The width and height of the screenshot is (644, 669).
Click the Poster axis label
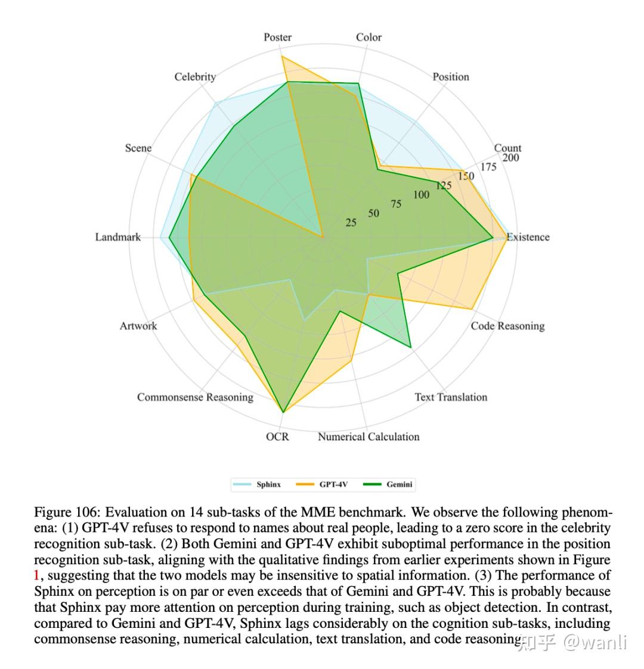click(x=278, y=38)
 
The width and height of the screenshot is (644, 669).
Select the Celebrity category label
click(x=195, y=77)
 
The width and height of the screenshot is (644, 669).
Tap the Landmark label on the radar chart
click(x=118, y=237)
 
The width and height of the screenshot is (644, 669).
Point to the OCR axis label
click(x=277, y=437)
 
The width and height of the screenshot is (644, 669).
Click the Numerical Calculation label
click(x=369, y=437)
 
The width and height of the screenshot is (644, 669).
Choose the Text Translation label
click(x=451, y=397)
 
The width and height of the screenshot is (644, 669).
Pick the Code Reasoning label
click(x=507, y=326)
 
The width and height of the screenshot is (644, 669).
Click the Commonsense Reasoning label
click(x=195, y=397)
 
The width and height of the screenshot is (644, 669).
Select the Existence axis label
click(x=528, y=237)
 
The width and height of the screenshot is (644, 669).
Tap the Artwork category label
click(x=138, y=326)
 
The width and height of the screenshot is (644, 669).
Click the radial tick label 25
click(x=351, y=223)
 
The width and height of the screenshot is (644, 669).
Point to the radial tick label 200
click(x=510, y=158)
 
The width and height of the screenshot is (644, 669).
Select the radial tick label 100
click(x=421, y=195)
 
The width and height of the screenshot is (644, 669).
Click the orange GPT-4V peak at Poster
click(x=282, y=57)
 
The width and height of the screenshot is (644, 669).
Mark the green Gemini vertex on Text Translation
click(x=411, y=346)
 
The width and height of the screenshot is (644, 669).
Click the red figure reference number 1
click(x=36, y=576)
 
